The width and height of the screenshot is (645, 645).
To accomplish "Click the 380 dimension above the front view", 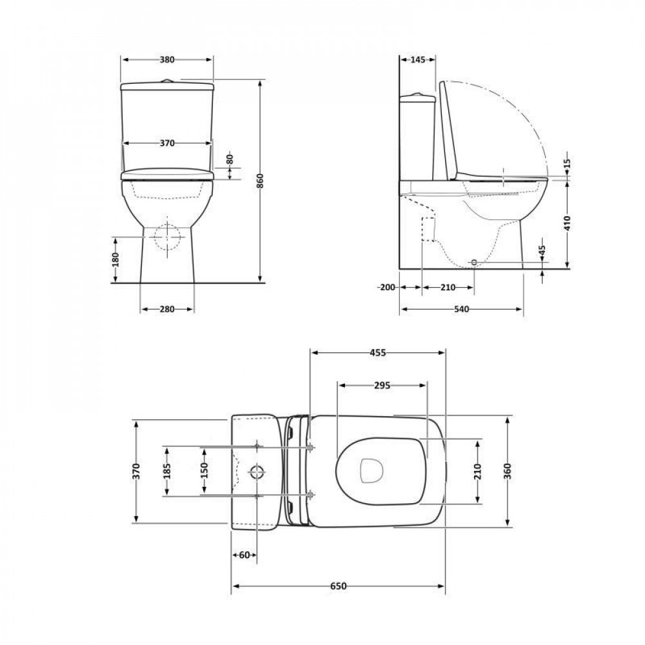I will [x=167, y=59].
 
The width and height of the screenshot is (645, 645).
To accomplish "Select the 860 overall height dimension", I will [x=261, y=181].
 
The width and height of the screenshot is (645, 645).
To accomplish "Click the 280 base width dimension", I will [x=167, y=310].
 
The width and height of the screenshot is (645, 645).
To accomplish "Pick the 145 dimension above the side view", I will [x=418, y=59].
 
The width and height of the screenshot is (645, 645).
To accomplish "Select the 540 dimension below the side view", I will [x=461, y=310].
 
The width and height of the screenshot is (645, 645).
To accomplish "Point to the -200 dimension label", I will [x=388, y=287].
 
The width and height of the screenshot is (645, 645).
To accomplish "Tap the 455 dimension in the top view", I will [x=377, y=353].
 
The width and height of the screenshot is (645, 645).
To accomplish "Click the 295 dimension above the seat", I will [x=382, y=386].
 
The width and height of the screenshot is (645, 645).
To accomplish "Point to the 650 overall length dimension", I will [x=339, y=586].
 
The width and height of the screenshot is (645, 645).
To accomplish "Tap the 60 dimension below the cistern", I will [x=244, y=555].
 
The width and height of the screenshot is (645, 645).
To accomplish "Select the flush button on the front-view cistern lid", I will [x=167, y=81].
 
